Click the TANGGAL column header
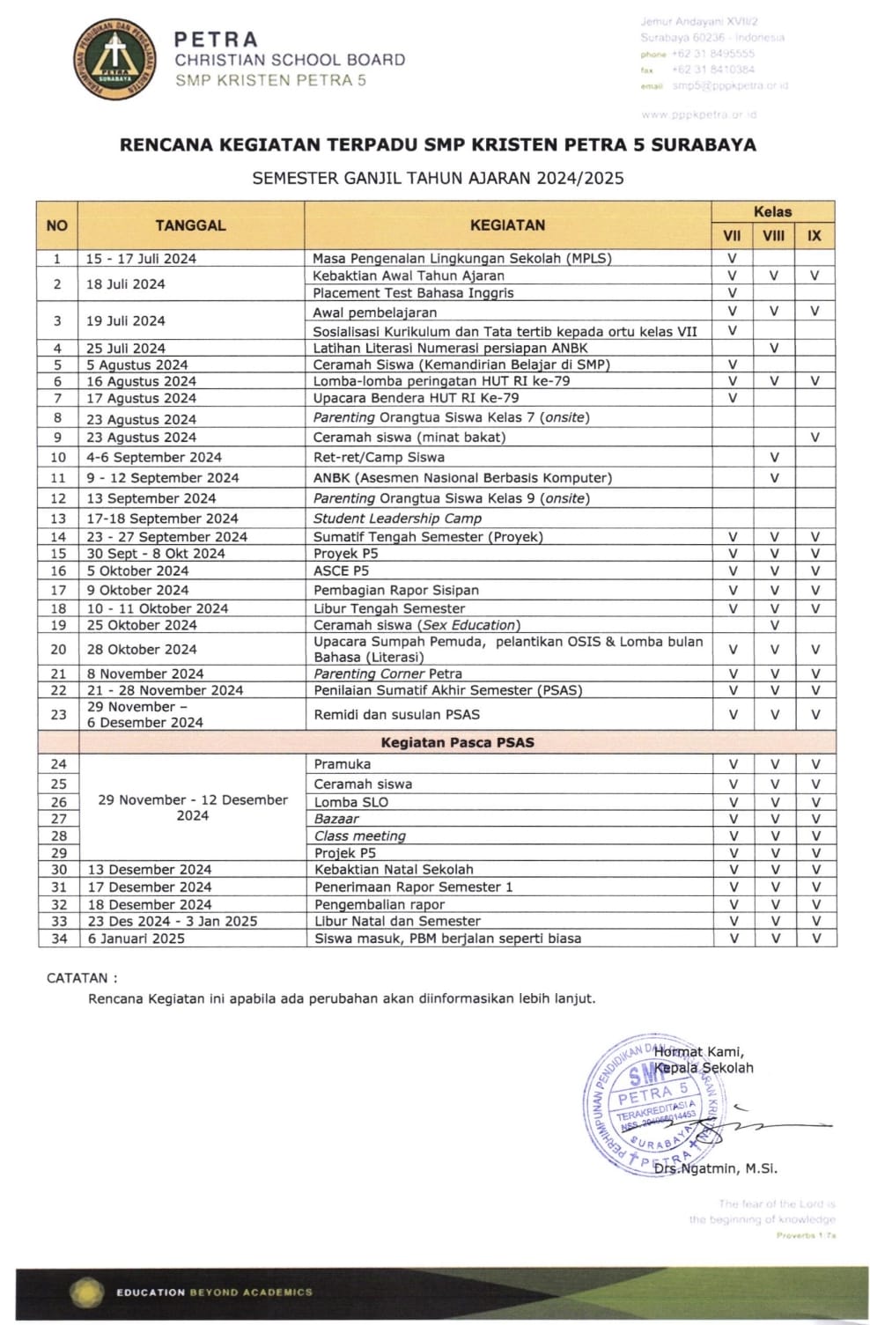[x=190, y=225]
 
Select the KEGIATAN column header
[x=507, y=225]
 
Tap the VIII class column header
[x=773, y=236]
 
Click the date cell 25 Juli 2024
[x=126, y=349]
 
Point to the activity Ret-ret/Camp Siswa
[x=379, y=458]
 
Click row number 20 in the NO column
[x=58, y=650]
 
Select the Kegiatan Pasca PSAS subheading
[x=457, y=742]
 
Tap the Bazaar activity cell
[x=336, y=819]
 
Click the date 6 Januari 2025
[x=136, y=939]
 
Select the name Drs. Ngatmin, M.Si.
[x=716, y=1169]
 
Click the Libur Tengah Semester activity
[x=389, y=608]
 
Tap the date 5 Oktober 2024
[x=137, y=571]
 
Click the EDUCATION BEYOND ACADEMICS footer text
[x=214, y=1292]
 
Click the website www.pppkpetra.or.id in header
[x=699, y=114]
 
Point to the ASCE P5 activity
[x=341, y=571]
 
